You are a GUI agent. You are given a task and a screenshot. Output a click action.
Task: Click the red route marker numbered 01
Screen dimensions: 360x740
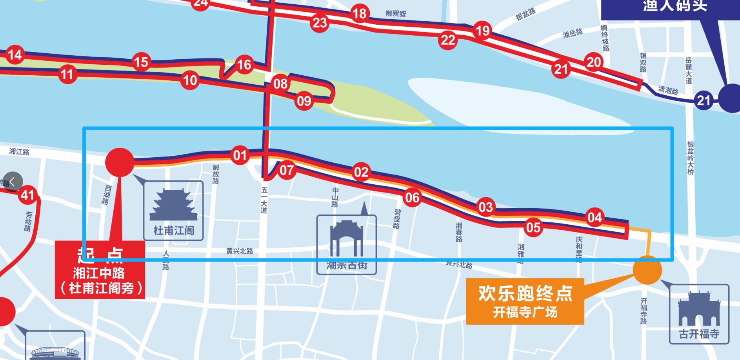pyautogui.click(x=240, y=155)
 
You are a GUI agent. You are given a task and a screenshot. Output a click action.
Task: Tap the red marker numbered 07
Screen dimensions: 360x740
pyautogui.click(x=287, y=170)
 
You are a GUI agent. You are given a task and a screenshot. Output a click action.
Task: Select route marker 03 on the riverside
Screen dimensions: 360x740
pyautogui.click(x=485, y=207)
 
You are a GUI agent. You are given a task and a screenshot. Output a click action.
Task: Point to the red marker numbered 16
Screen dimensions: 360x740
pyautogui.click(x=244, y=64)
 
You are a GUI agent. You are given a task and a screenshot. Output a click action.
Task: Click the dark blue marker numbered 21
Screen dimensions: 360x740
pyautogui.click(x=704, y=100)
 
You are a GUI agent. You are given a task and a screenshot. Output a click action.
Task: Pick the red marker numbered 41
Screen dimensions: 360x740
pyautogui.click(x=27, y=195)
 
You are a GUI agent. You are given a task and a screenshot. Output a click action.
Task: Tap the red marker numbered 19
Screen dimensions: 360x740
pyautogui.click(x=482, y=30)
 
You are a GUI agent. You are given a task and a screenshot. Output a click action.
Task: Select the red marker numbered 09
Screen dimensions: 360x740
pyautogui.click(x=304, y=101)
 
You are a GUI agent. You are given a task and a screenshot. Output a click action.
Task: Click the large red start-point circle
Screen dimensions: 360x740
pyautogui.click(x=120, y=162)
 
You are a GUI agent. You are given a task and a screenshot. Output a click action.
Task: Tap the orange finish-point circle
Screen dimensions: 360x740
pyautogui.click(x=647, y=270)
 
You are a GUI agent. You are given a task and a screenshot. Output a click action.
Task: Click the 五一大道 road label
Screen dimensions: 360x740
pyautogui.click(x=264, y=200)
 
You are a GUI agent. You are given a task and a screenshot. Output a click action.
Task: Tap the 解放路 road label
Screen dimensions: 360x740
pyautogui.click(x=216, y=174)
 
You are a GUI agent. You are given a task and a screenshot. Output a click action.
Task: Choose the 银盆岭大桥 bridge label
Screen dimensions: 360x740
pyautogui.click(x=691, y=158)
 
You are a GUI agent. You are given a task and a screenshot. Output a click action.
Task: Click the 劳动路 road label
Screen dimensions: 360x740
pyautogui.click(x=28, y=222)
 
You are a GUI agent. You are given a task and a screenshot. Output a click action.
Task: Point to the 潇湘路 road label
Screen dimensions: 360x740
pyautogui.click(x=668, y=91)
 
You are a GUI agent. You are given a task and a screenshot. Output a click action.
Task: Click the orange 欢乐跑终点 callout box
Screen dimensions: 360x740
pyautogui.click(x=525, y=301)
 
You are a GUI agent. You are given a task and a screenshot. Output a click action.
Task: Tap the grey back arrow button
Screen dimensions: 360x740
pyautogui.click(x=12, y=182)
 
